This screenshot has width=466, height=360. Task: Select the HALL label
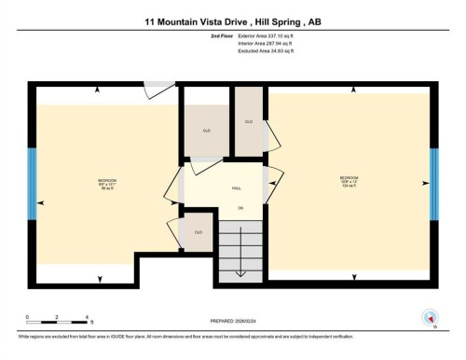pos(238,188)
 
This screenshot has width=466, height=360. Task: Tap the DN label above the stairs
pos(240,207)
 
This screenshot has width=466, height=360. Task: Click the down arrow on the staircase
pos(240,270)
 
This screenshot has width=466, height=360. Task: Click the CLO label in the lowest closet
pos(199,232)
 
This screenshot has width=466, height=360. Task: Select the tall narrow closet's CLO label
pos(249,122)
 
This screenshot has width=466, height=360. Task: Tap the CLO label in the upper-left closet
pos(205,131)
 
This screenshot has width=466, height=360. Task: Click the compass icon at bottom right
pos(431,316)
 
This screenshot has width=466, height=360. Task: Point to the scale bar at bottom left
pos(57,323)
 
